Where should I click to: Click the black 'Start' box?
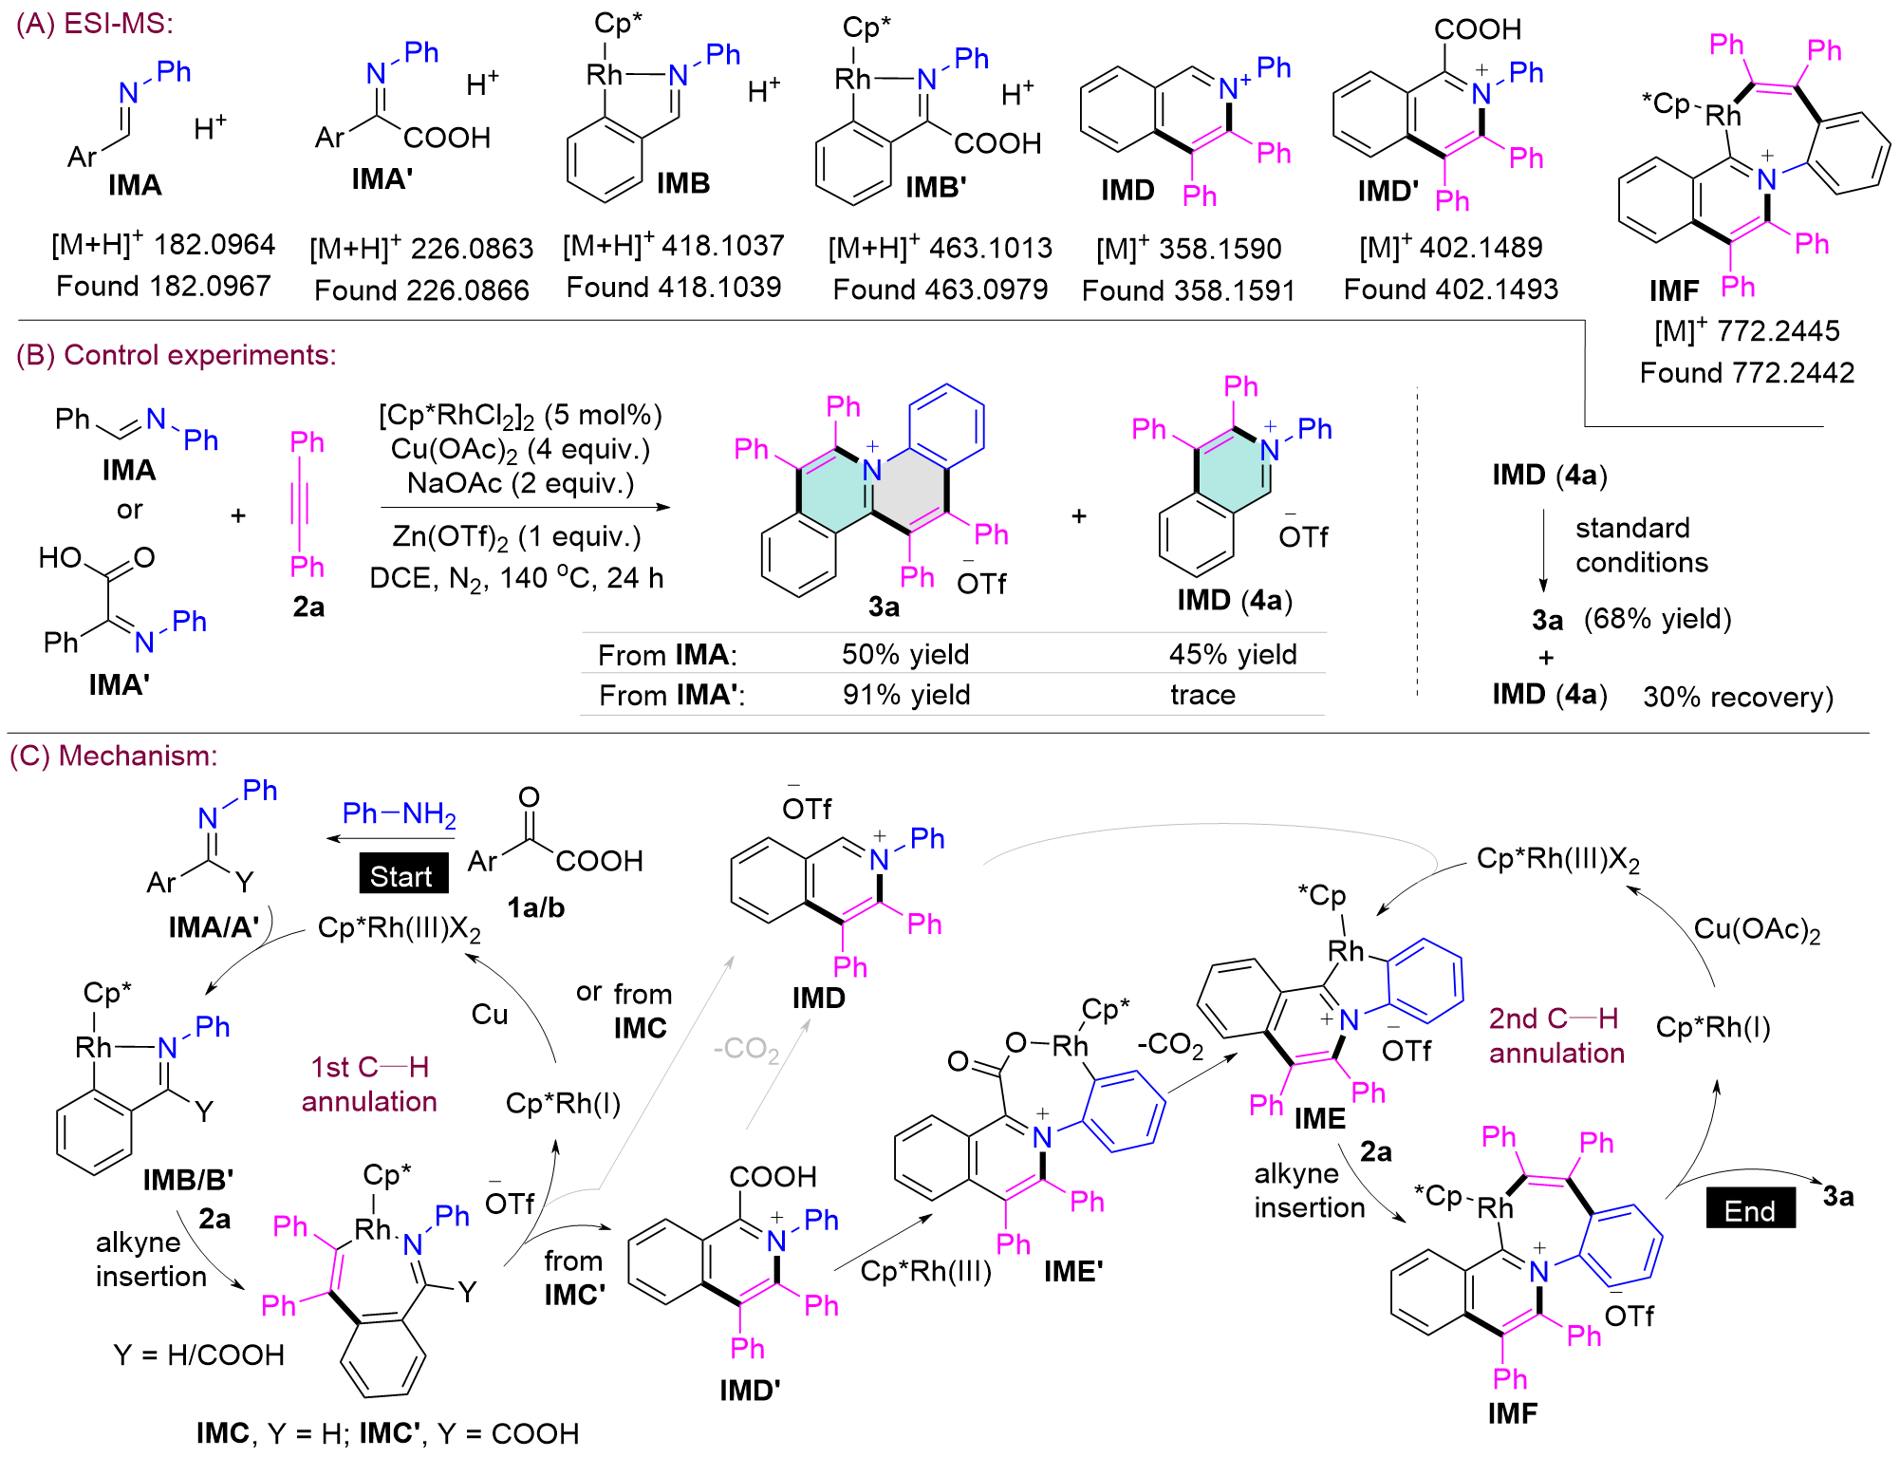click(403, 874)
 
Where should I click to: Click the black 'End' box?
click(1750, 1209)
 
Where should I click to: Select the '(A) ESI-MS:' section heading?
click(95, 24)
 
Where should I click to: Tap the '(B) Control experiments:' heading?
click(177, 355)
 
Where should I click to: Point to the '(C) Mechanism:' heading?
click(114, 756)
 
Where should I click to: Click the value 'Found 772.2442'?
click(1747, 372)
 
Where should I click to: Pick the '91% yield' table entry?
click(906, 695)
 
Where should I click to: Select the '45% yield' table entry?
click(1233, 654)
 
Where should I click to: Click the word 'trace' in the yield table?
click(1202, 695)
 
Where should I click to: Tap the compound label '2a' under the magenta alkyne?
click(308, 607)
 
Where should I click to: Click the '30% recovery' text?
click(1738, 697)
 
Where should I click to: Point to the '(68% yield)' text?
click(1657, 619)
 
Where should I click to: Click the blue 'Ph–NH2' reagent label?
click(400, 813)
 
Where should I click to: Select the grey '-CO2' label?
click(746, 1049)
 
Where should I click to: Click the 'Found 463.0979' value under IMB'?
click(941, 290)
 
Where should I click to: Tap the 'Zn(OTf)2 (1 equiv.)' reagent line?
click(516, 537)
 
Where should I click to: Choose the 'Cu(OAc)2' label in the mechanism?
click(1757, 928)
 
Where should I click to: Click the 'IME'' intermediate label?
click(1073, 1271)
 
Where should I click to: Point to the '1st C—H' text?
click(369, 1067)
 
